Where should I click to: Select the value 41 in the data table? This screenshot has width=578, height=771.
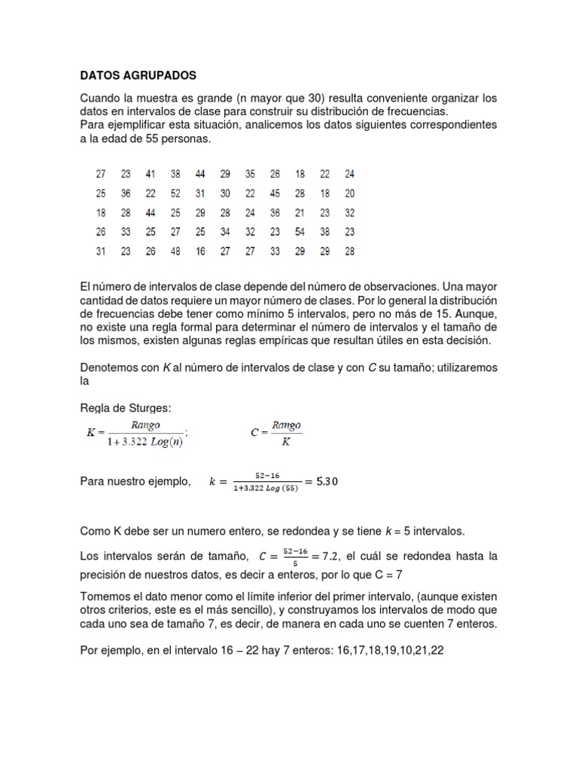(x=151, y=174)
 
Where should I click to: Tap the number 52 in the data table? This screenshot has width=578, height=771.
(x=175, y=194)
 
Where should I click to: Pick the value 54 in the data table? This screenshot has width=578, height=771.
(x=300, y=232)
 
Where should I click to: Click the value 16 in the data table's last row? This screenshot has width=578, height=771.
(x=200, y=251)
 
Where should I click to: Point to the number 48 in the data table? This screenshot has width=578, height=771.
(x=175, y=251)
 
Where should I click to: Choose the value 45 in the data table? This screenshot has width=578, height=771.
(x=275, y=194)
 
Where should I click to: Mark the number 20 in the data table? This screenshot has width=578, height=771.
(x=349, y=194)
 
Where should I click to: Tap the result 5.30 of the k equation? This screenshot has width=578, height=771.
(x=324, y=482)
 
